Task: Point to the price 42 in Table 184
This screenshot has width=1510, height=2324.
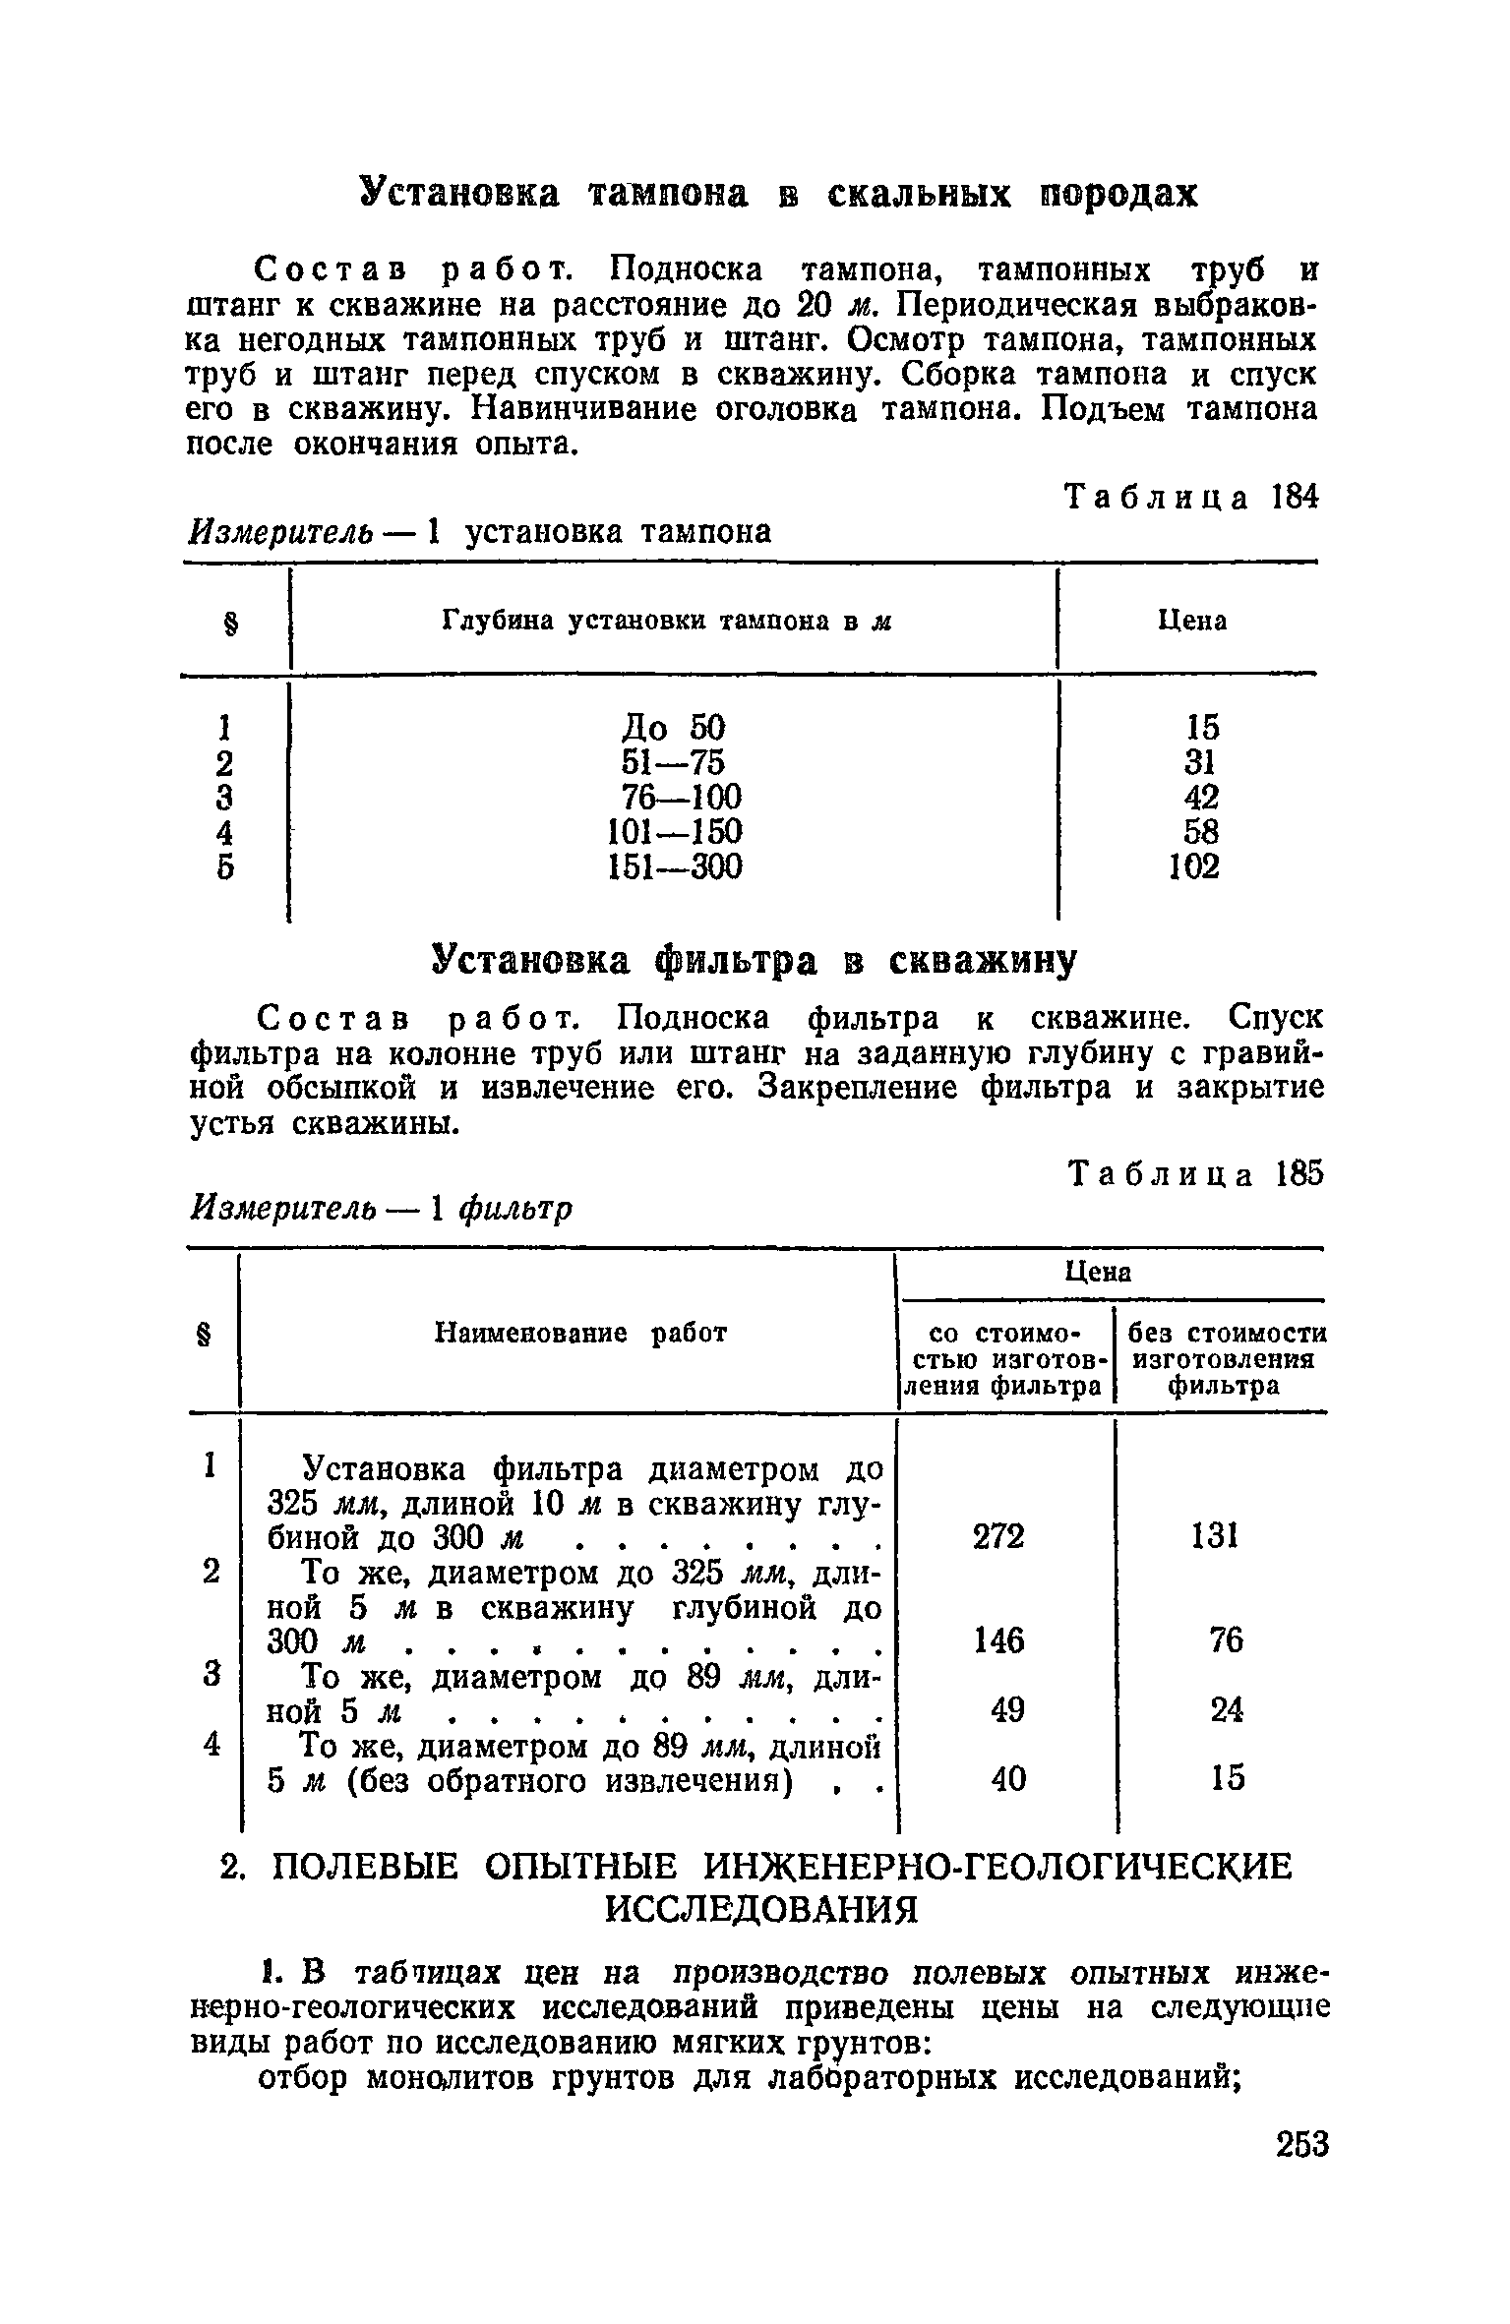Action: pyautogui.click(x=1199, y=797)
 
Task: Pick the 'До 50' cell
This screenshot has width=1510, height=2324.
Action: pyautogui.click(x=674, y=728)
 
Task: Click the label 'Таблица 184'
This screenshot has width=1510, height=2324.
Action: pyautogui.click(x=1191, y=498)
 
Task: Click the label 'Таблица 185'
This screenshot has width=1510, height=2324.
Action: pyautogui.click(x=1195, y=1174)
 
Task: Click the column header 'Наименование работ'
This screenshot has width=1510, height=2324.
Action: pyautogui.click(x=580, y=1333)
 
